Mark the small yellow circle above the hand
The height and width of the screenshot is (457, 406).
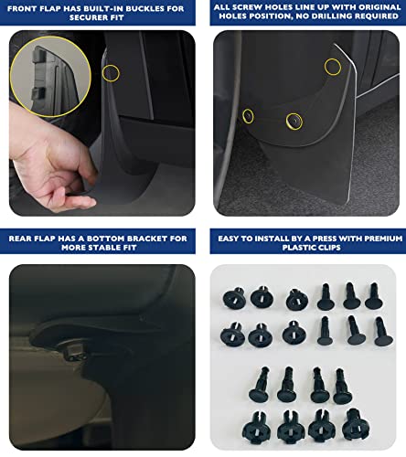111,72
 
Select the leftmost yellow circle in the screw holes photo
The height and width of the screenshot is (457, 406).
247,115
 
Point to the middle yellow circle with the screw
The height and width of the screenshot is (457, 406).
294,120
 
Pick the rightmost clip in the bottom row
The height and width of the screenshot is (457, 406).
352,425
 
